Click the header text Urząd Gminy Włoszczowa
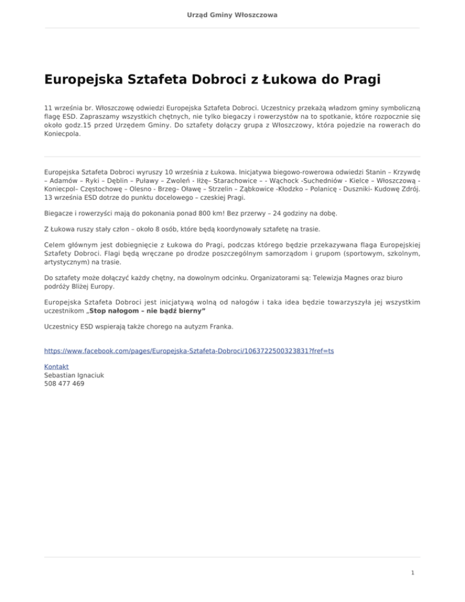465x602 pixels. pos(232,14)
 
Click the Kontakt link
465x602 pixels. pos(56,366)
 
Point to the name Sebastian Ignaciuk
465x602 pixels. pos(73,375)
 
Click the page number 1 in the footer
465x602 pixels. pos(412,572)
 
